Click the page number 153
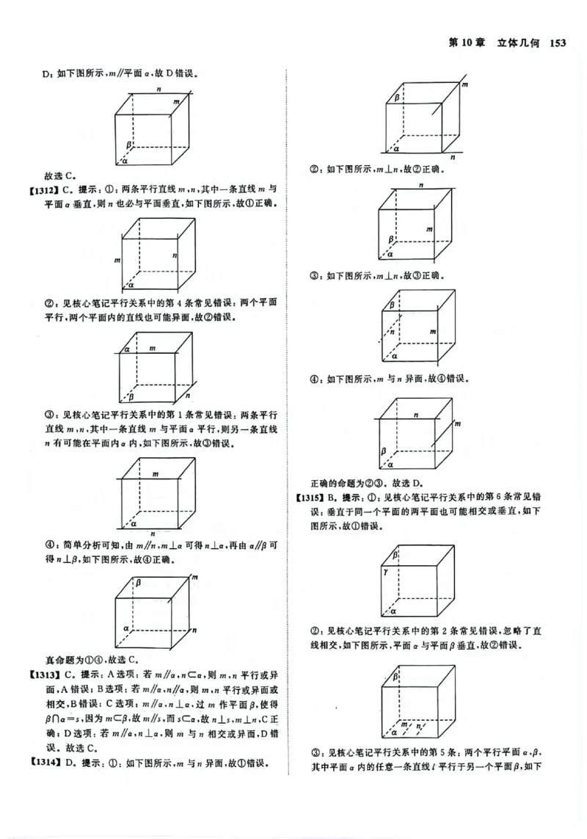tap(559, 43)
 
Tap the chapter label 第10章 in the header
tap(470, 43)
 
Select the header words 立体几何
tap(518, 43)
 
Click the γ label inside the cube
tap(394, 570)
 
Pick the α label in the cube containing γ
tap(394, 611)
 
